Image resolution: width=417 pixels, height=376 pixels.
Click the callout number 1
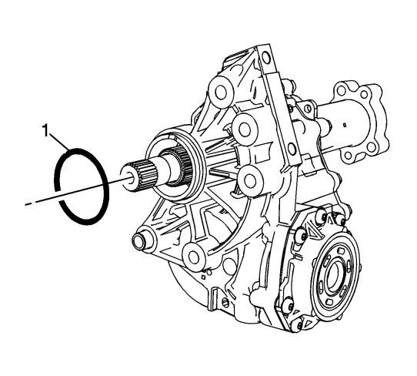click(x=45, y=130)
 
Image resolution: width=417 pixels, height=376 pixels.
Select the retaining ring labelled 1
click(x=82, y=186)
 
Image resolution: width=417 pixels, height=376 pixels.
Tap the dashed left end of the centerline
click(x=28, y=203)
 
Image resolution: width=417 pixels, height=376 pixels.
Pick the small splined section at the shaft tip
click(x=146, y=176)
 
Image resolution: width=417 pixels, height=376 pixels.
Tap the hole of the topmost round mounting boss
click(x=221, y=92)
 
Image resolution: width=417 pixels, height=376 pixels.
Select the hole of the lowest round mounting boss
click(x=194, y=257)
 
